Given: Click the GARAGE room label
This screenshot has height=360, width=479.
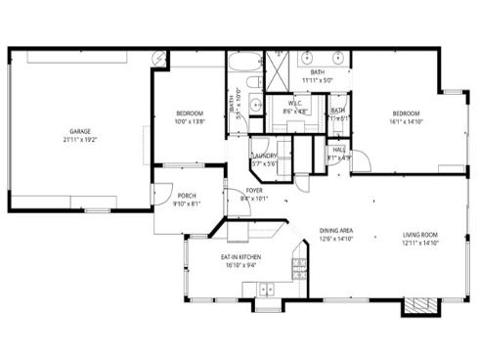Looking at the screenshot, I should [80, 130].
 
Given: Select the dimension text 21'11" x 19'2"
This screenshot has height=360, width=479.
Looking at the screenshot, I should [80, 139].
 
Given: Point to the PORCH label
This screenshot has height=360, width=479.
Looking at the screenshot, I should [186, 195].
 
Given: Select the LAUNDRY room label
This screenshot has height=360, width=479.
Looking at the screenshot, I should [264, 156].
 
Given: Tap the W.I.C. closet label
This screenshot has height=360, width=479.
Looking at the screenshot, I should [294, 105].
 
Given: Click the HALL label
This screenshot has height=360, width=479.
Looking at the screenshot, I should [338, 150].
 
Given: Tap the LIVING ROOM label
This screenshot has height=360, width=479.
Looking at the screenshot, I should [420, 234].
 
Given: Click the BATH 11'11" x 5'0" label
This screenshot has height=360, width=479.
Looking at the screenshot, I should [318, 76].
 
